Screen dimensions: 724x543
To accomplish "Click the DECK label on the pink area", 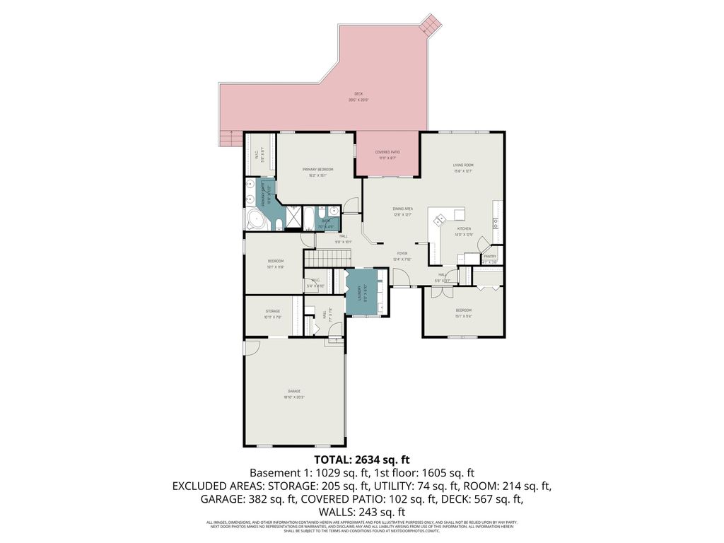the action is pos(358,94).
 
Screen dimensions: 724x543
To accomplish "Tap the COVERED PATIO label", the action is pos(387,152).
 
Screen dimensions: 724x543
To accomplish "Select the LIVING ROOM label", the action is pos(463,165).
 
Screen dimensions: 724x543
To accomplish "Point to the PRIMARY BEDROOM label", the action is pos(317,170).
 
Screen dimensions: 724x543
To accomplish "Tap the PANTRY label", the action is pos(490,257).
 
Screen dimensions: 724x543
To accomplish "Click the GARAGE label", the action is pos(293,391).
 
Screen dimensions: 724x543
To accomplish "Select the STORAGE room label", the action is pos(272,311).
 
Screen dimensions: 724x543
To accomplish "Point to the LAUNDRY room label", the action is pos(358,292).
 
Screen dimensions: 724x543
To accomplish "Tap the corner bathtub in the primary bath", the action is pos(255,220).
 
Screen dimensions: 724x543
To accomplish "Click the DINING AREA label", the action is pos(403,209).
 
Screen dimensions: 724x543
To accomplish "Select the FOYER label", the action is pos(402,253).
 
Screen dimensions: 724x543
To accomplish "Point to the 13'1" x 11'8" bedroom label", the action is pos(275,262).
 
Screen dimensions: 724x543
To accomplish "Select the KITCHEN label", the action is pos(463,229).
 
